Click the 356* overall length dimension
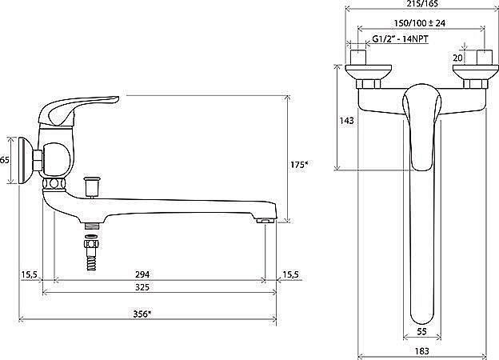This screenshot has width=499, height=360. click(142, 314)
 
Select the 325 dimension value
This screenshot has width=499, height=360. click(142, 287)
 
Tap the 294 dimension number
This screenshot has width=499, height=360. click(142, 274)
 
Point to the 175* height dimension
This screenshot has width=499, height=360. click(299, 165)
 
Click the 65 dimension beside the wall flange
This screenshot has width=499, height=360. click(4, 160)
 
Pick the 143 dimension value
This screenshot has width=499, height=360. click(346, 121)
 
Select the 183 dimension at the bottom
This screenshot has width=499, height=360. click(422, 351)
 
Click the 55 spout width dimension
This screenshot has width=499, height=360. click(421, 332)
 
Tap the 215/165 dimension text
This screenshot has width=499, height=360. click(422, 3)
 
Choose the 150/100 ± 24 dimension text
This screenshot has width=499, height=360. click(420, 23)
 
